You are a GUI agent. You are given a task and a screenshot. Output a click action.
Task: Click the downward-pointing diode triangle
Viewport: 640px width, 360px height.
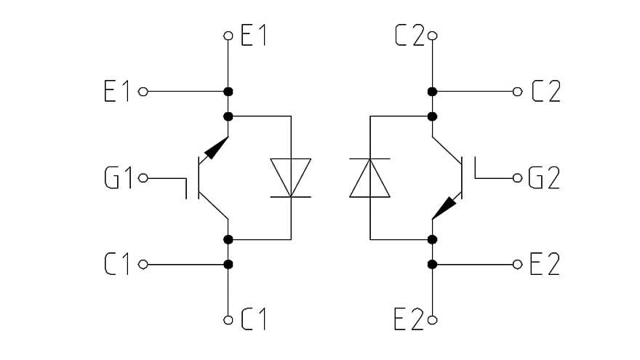click(x=290, y=177)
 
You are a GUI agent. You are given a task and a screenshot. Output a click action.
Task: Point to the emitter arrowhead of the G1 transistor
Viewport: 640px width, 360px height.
click(x=215, y=148)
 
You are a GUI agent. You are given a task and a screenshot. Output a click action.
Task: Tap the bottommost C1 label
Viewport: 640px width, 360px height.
click(x=254, y=319)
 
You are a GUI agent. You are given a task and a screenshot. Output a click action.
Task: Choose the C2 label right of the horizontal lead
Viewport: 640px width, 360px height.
click(x=545, y=92)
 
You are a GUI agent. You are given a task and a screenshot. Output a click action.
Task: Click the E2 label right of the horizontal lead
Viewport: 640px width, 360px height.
click(x=545, y=265)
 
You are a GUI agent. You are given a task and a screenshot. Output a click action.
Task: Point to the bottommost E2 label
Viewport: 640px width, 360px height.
click(x=408, y=319)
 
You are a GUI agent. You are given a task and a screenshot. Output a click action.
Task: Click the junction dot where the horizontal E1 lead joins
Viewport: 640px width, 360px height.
click(x=228, y=92)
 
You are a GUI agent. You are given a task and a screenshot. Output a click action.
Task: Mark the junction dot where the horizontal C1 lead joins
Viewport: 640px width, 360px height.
click(x=228, y=264)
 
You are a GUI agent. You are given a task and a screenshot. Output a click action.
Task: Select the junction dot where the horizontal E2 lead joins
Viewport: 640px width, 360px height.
click(x=432, y=264)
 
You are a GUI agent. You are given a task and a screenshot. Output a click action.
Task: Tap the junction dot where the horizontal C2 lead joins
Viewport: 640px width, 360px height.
click(x=432, y=92)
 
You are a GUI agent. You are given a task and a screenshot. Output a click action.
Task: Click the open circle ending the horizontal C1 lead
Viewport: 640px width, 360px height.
click(x=143, y=264)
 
